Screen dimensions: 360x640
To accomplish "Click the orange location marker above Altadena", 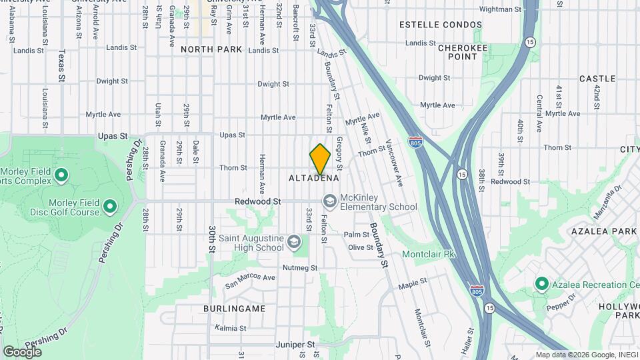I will tap(321, 159).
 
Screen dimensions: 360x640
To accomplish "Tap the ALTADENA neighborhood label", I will tap(314, 178).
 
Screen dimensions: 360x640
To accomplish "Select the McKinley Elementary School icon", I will tap(330, 201).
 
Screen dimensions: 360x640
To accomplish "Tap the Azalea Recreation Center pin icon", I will tap(541, 284).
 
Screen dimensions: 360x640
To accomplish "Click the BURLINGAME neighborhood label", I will tap(235, 309).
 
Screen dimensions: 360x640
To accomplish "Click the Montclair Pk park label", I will tap(428, 254).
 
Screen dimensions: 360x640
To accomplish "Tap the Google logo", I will tap(22, 351).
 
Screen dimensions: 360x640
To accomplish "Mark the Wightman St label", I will tap(499, 9).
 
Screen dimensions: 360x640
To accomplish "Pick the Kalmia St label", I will tap(231, 328).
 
